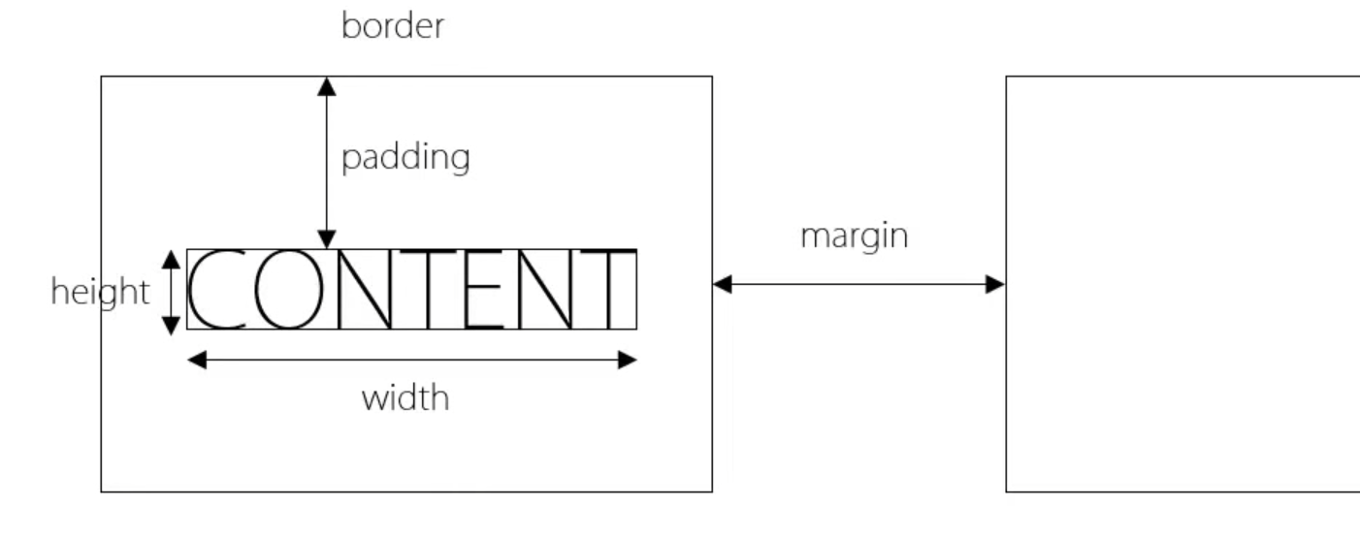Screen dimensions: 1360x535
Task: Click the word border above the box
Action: (x=393, y=26)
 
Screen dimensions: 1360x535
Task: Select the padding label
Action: (x=405, y=157)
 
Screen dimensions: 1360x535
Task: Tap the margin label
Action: (x=854, y=236)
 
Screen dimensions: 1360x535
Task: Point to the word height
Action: (x=100, y=291)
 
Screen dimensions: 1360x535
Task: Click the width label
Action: (x=405, y=397)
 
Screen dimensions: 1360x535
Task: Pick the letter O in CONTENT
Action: (x=287, y=290)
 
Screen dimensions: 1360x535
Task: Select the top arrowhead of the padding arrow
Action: (x=327, y=86)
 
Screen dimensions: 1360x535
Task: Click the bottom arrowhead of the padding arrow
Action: (x=327, y=239)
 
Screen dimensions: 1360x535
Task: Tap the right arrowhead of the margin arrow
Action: (x=995, y=284)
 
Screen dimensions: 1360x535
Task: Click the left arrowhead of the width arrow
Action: (x=197, y=361)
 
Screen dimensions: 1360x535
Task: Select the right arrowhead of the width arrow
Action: (x=627, y=361)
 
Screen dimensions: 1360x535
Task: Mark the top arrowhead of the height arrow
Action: (x=171, y=259)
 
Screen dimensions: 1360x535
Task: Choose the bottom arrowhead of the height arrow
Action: (x=171, y=325)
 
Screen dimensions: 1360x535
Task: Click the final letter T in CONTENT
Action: (x=608, y=290)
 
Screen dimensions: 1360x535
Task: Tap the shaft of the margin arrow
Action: (x=858, y=284)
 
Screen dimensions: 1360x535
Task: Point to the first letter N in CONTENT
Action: (x=364, y=290)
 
